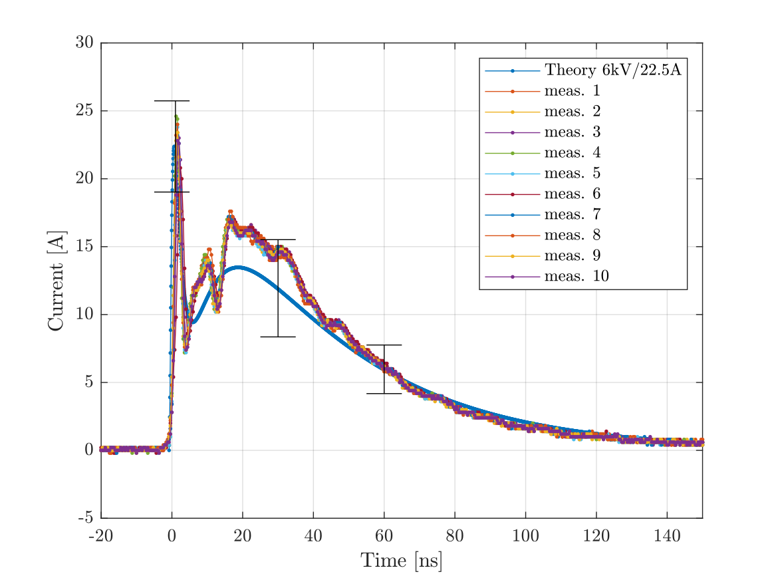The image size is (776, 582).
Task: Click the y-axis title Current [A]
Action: click(56, 280)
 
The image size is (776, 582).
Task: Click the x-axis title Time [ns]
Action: click(402, 561)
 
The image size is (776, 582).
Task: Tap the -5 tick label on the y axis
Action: click(86, 518)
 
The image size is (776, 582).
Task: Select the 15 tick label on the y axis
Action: click(84, 247)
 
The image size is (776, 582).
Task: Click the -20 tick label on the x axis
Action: click(101, 535)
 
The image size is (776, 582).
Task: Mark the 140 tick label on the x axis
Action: click(667, 535)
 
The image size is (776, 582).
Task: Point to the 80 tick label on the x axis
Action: click(455, 535)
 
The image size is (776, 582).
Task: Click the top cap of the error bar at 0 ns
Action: click(172, 100)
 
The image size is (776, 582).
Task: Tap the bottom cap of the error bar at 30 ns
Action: click(278, 337)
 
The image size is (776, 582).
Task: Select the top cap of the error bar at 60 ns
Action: click(384, 345)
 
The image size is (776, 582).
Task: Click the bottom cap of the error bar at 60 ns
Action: click(384, 393)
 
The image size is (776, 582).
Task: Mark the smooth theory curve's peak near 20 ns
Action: click(239, 267)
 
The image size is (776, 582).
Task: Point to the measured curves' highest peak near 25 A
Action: click(176, 117)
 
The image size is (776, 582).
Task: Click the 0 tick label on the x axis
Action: click(172, 535)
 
